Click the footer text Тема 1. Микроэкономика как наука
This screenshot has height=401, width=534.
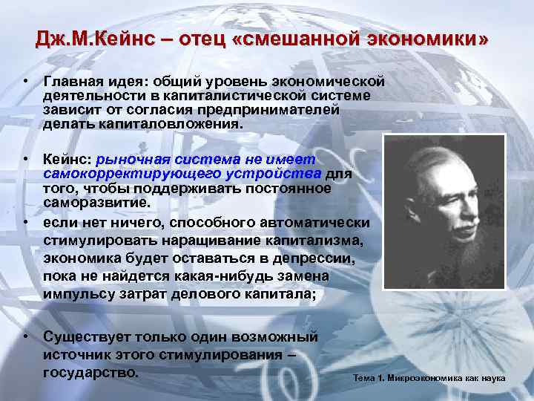pos(429,379)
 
